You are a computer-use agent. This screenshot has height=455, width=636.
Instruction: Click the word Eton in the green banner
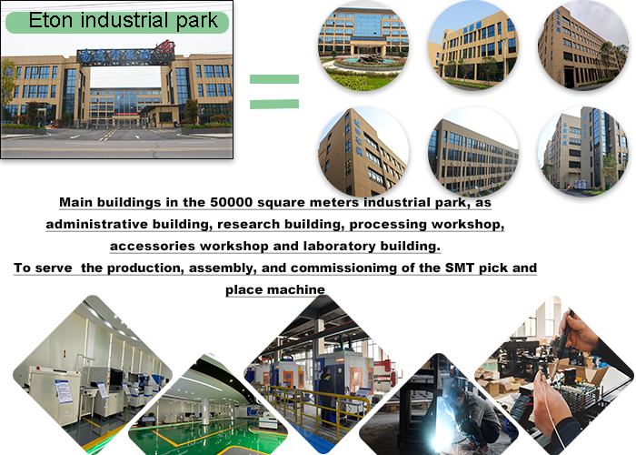pos(52,20)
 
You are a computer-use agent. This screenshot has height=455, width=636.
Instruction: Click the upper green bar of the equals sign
pos(274,79)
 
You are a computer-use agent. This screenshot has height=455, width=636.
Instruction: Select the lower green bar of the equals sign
pos(274,104)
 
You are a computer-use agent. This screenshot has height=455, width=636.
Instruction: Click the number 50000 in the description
pos(231,202)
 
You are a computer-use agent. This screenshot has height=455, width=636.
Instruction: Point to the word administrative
pos(97,224)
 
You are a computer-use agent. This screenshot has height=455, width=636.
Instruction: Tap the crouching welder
pos(479,414)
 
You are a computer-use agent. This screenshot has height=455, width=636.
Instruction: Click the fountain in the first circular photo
pos(370,59)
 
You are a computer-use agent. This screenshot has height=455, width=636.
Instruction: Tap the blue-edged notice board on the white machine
pos(64,391)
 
